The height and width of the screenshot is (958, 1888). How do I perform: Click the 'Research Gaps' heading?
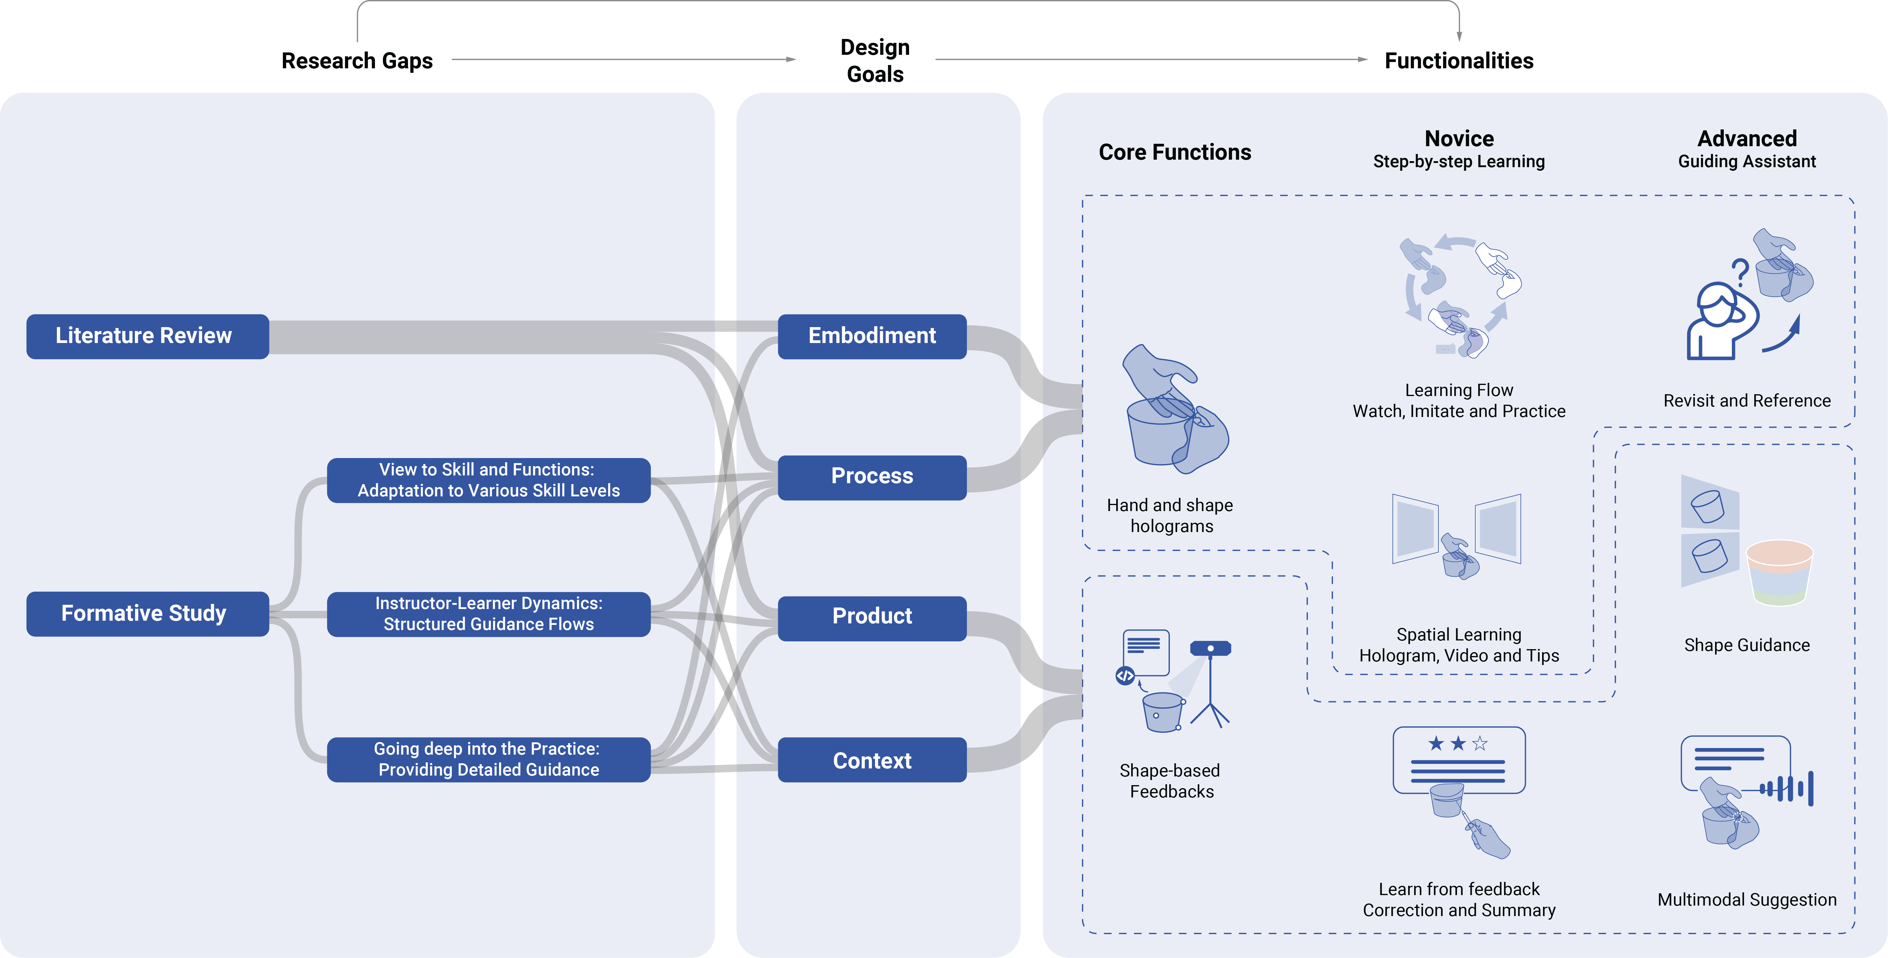pyautogui.click(x=357, y=61)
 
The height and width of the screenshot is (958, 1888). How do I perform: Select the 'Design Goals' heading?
pyautogui.click(x=874, y=61)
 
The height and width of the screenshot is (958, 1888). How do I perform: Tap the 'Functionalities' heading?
pyautogui.click(x=1458, y=61)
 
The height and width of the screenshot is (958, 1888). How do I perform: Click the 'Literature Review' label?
pyautogui.click(x=144, y=336)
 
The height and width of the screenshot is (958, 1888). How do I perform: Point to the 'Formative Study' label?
pyautogui.click(x=144, y=613)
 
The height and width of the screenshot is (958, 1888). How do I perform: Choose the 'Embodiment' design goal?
pyautogui.click(x=871, y=336)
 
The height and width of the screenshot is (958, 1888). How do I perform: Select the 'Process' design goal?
pyautogui.click(x=871, y=476)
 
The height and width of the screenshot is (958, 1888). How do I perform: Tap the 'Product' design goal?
pyautogui.click(x=871, y=616)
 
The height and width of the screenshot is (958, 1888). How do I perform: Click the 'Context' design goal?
pyautogui.click(x=871, y=761)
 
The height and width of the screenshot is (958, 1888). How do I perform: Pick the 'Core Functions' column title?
pyautogui.click(x=1175, y=152)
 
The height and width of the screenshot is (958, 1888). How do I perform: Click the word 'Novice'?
pyautogui.click(x=1458, y=138)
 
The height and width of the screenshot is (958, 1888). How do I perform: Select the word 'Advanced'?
pyautogui.click(x=1747, y=138)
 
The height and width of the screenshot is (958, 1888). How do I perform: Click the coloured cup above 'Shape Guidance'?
pyautogui.click(x=1779, y=573)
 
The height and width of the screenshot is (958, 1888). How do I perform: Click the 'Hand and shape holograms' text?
pyautogui.click(x=1170, y=516)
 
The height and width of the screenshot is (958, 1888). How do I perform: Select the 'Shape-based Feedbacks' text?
pyautogui.click(x=1170, y=781)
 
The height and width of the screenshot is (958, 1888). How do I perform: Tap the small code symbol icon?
pyautogui.click(x=1125, y=675)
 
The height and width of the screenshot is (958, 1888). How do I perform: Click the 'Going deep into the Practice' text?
pyautogui.click(x=487, y=749)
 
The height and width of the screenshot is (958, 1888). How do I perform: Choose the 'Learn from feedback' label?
pyautogui.click(x=1458, y=889)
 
